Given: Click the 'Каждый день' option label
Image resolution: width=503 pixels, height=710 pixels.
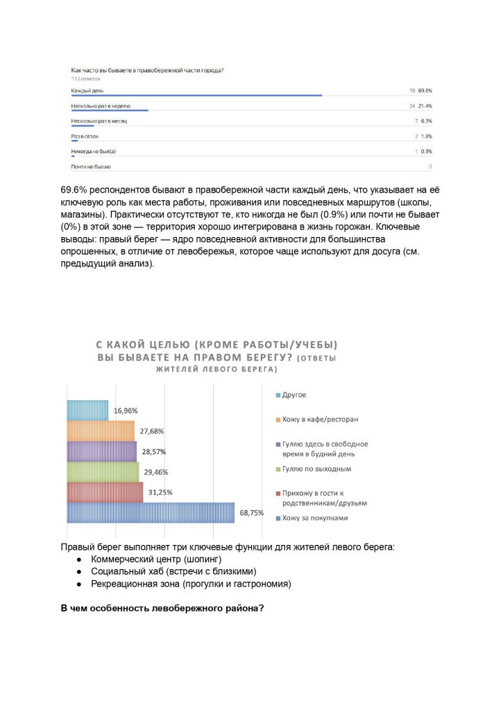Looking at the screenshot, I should (x=87, y=91).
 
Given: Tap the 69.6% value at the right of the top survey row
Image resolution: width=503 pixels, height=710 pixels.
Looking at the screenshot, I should (x=425, y=91).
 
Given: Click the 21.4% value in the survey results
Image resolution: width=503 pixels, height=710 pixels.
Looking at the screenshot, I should (x=425, y=106).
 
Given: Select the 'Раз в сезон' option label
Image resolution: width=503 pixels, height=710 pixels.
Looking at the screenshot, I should (x=85, y=136).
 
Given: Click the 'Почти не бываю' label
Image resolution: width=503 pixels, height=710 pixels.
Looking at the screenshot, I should (x=91, y=167).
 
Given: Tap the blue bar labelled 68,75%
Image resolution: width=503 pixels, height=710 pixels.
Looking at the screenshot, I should (x=150, y=512).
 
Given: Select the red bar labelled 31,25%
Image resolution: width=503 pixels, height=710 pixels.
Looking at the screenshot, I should (x=105, y=492).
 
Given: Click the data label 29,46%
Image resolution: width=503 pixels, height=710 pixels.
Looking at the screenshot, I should (x=155, y=472).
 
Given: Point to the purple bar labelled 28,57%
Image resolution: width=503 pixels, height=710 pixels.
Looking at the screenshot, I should (x=101, y=451).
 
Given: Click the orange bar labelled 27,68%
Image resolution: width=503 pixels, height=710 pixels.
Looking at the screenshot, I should (x=101, y=431).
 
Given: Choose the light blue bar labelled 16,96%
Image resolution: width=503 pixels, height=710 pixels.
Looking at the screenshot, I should (x=87, y=410).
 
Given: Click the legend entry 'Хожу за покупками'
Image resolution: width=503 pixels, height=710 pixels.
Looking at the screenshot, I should (x=311, y=518).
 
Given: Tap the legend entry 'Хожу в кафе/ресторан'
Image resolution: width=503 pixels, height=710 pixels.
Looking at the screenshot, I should (x=316, y=419).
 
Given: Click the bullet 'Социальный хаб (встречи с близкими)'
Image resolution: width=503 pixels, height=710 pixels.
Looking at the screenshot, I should (x=173, y=571).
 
